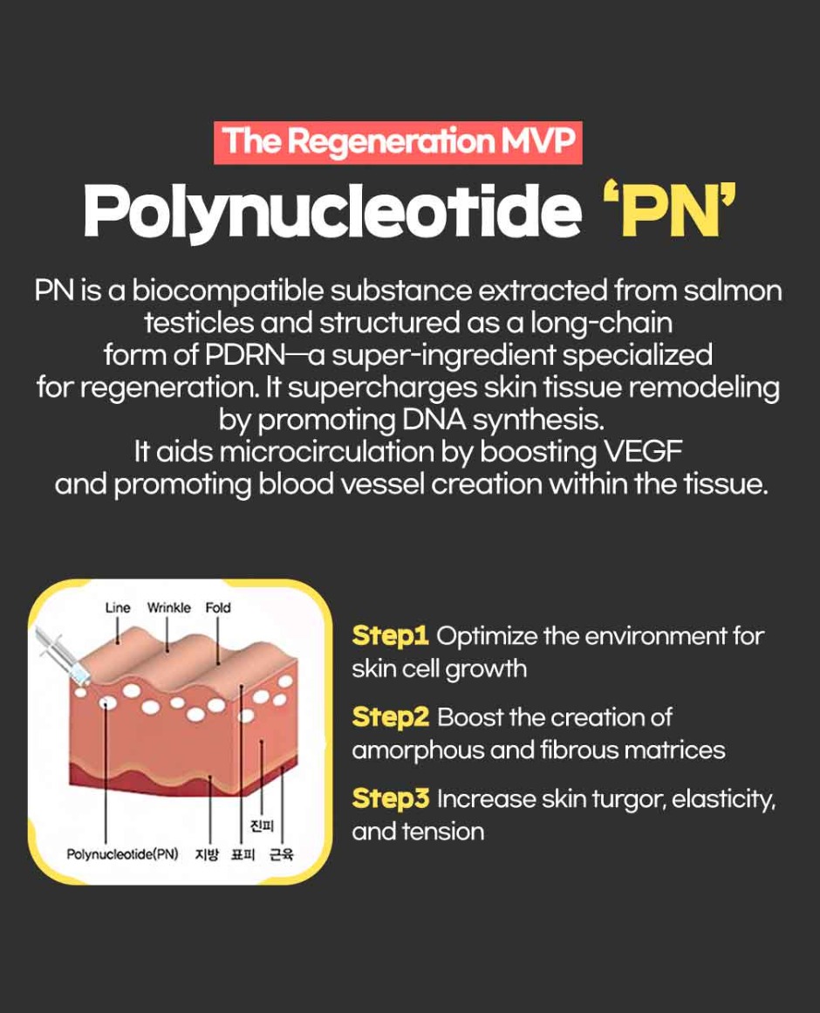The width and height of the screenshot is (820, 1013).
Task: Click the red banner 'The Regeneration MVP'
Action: pos(398,142)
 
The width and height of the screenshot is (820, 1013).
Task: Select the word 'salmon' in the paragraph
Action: pos(733,291)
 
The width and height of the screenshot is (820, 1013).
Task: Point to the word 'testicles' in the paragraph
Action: pos(198,322)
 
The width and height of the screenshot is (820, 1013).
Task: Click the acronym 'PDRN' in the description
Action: pos(245,354)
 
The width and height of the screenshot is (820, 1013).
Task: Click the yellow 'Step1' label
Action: pos(391,636)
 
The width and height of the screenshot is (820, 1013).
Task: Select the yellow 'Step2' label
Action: pos(391,718)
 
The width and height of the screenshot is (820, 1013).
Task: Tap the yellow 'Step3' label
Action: pos(391,799)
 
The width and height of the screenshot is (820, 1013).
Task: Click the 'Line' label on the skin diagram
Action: pos(118,608)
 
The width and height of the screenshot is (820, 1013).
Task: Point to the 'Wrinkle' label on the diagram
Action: pos(169,608)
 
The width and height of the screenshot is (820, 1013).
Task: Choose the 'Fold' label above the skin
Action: pos(218,608)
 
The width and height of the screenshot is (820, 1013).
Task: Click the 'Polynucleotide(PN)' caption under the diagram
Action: pos(123,855)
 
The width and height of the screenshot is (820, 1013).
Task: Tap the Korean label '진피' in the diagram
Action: pos(262,826)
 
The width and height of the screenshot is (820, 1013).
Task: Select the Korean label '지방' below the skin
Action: pos(207,855)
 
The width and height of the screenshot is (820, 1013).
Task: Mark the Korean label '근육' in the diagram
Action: pos(282,855)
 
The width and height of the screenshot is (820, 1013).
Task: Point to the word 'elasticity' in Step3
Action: pos(723,800)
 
